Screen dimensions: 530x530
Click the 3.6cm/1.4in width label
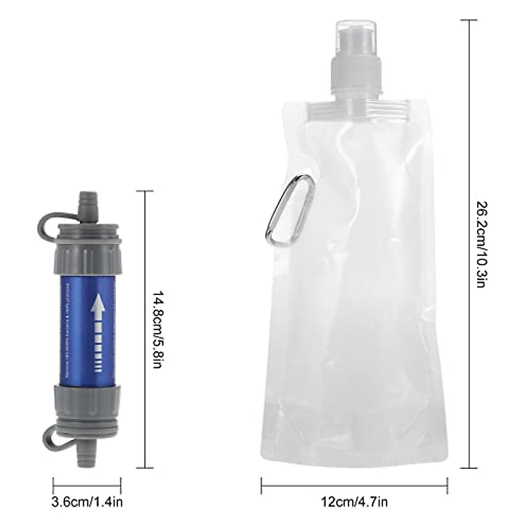tap(87, 502)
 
